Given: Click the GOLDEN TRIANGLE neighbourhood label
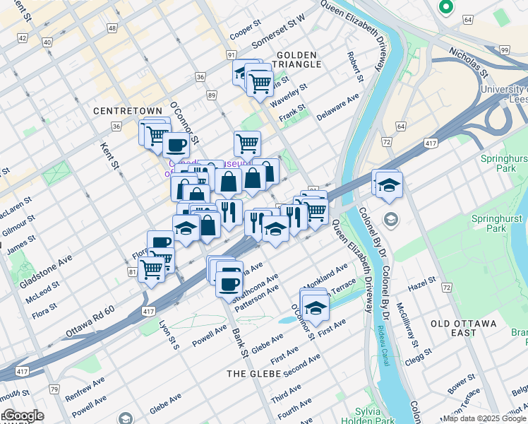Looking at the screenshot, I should pos(299,59).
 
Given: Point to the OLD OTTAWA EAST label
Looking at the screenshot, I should pos(464,323).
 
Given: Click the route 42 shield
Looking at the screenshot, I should pos(23,38).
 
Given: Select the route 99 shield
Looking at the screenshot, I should pos(503,49).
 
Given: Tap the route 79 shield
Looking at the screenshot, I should pos(54,389).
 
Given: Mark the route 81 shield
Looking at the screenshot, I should pos(133,271).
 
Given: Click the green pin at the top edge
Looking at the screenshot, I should pos(445,7).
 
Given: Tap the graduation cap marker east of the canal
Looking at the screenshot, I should pos(389,185).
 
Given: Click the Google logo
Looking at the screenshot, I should pos(23,416).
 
